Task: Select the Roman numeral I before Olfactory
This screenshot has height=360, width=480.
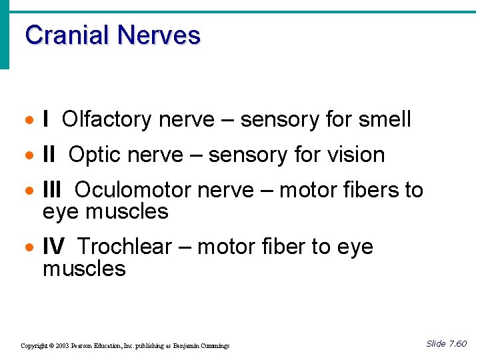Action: point(45,120)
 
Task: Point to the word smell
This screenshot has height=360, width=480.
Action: point(385,120)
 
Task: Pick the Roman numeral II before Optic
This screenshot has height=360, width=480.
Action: point(49,155)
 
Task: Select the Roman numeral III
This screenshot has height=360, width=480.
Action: point(52,191)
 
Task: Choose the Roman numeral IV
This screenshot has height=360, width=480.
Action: point(53,247)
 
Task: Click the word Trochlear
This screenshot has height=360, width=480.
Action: point(125,247)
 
